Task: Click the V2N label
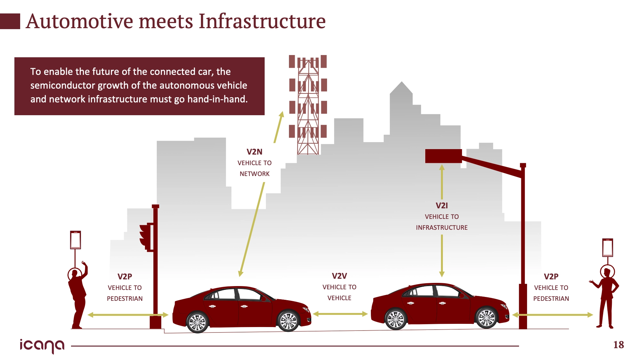pyautogui.click(x=254, y=152)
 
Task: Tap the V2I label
pyautogui.click(x=442, y=205)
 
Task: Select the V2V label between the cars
pyautogui.click(x=339, y=276)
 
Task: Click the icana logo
pyautogui.click(x=42, y=346)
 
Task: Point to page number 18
pyautogui.click(x=618, y=345)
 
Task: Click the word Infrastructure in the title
pyautogui.click(x=262, y=21)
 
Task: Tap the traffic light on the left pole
pyautogui.click(x=146, y=237)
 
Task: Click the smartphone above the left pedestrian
pyautogui.click(x=76, y=240)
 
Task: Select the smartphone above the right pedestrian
pyautogui.click(x=607, y=247)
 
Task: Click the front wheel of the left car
pyautogui.click(x=288, y=321)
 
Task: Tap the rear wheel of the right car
pyautogui.click(x=396, y=319)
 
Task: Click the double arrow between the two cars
pyautogui.click(x=340, y=314)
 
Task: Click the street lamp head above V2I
pyautogui.click(x=443, y=156)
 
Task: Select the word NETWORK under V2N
pyautogui.click(x=254, y=174)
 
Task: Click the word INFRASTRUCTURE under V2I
pyautogui.click(x=442, y=228)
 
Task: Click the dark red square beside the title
pyautogui.click(x=10, y=21)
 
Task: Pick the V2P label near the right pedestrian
pyautogui.click(x=551, y=276)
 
